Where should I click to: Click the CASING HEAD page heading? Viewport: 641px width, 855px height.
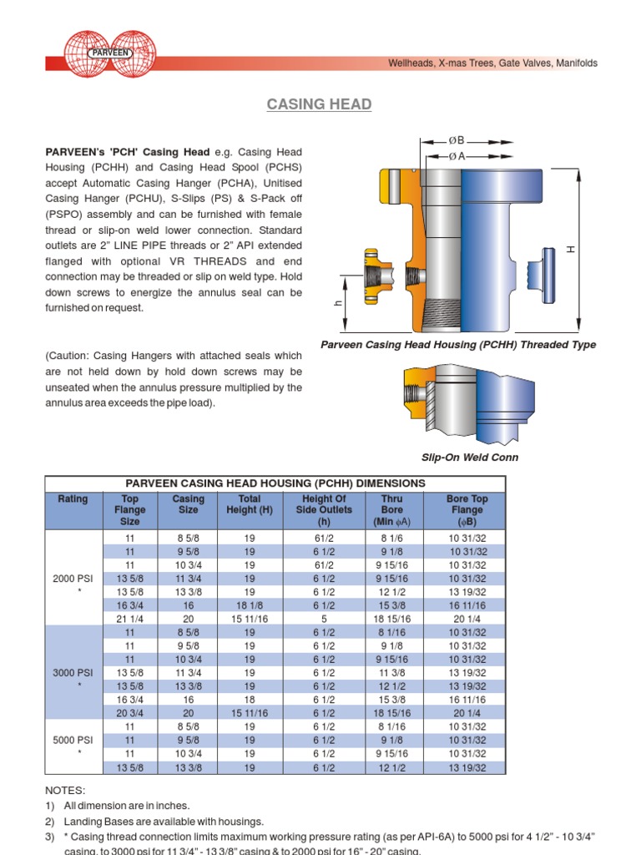pos(319,104)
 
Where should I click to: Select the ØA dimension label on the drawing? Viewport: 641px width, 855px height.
pos(457,156)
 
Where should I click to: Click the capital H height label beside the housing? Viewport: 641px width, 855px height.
pos(571,250)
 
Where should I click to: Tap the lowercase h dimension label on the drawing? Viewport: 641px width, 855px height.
pos(338,305)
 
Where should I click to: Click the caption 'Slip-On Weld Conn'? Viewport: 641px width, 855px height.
pos(469,457)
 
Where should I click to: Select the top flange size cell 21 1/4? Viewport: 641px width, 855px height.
pos(129,619)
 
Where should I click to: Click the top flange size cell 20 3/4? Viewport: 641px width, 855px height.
pos(129,714)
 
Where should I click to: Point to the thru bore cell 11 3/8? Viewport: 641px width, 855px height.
pos(391,673)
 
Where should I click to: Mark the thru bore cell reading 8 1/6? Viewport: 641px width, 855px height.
pos(391,538)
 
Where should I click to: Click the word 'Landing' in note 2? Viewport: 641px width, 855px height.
pos(84,822)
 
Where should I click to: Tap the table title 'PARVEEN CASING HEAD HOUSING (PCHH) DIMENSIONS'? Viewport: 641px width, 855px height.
pos(275,483)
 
